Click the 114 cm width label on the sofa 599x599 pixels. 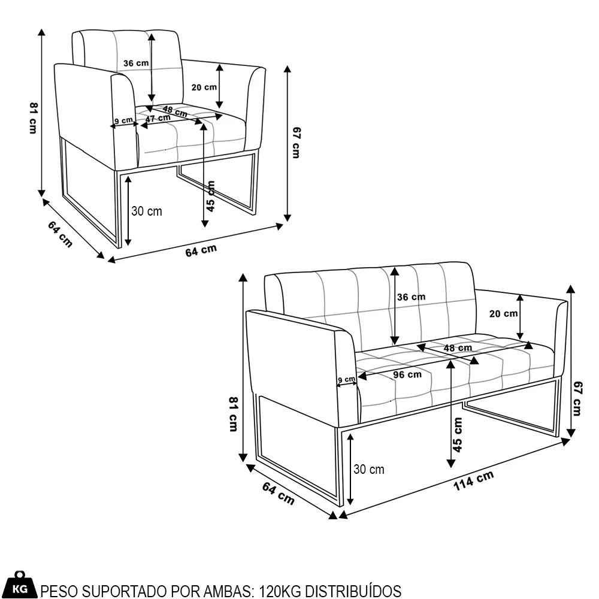(x=473, y=480)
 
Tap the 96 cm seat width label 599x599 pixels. (x=407, y=375)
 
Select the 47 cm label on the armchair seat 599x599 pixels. (x=157, y=119)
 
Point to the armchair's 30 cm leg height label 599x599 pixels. (x=147, y=211)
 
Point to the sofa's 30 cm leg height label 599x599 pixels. (x=369, y=469)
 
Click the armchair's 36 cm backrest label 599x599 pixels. (x=136, y=63)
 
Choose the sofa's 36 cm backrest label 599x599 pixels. (x=412, y=297)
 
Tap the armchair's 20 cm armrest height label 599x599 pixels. (x=204, y=87)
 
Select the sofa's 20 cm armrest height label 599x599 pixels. (x=503, y=313)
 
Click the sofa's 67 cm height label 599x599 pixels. (x=577, y=399)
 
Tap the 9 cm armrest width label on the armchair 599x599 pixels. (x=123, y=120)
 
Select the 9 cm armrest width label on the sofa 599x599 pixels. (x=346, y=380)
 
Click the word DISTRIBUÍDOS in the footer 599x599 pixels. (x=353, y=591)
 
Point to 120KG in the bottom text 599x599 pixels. (x=280, y=591)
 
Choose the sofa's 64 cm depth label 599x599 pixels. (x=278, y=492)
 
